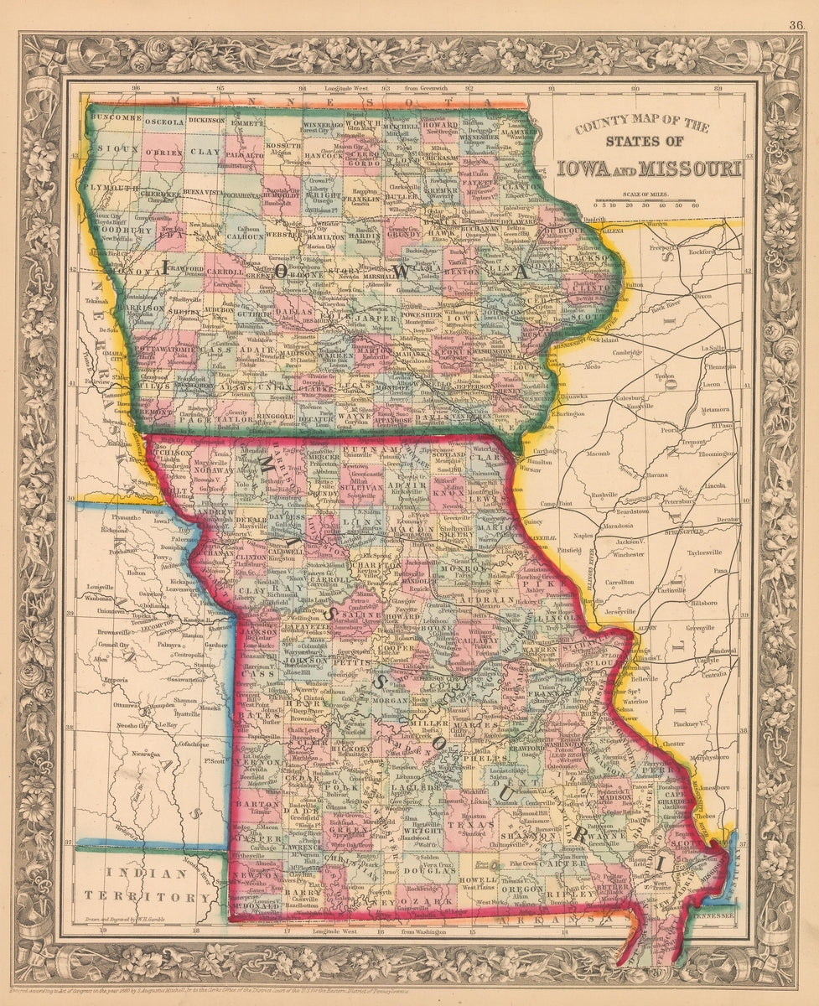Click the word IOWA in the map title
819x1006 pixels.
(x=590, y=168)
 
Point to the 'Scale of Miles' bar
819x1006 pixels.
(x=645, y=199)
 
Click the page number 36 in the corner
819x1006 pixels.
(x=796, y=24)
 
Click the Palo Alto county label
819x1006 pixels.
(x=244, y=155)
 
